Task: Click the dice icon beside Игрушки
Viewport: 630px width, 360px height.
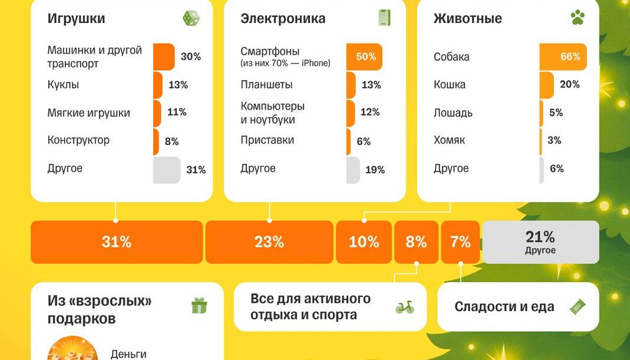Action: point(191,18)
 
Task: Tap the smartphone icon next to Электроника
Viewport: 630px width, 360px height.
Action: point(384,18)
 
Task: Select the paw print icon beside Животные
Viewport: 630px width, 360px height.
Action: point(577,18)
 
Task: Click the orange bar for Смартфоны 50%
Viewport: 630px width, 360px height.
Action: point(364,57)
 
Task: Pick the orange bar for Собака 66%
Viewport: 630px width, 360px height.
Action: point(563,57)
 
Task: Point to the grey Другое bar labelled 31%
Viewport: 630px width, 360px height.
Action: point(166,170)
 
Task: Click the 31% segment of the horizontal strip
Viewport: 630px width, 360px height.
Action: point(117,242)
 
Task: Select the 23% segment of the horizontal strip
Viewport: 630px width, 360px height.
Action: point(269,242)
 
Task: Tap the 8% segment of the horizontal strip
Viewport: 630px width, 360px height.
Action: point(416,242)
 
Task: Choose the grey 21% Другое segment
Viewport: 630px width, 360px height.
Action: point(540,242)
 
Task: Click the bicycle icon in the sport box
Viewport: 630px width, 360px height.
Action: point(405,307)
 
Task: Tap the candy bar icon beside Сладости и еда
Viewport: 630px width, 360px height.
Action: point(577,307)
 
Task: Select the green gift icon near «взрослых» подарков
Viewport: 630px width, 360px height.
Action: point(199,306)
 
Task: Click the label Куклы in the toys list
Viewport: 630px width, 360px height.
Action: point(63,85)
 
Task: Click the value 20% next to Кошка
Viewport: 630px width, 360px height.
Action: point(570,84)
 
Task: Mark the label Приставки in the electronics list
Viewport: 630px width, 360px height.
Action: point(267,140)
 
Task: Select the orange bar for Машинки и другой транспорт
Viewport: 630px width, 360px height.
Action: point(163,57)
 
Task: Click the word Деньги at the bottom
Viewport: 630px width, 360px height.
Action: point(129,354)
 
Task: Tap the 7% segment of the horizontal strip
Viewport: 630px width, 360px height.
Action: point(460,242)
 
